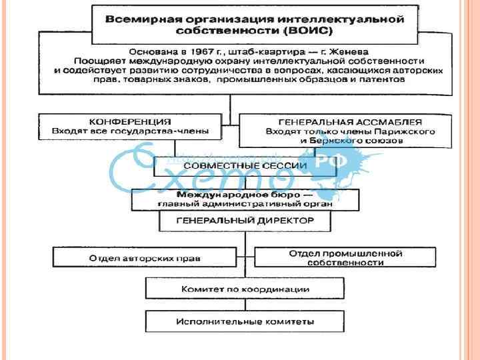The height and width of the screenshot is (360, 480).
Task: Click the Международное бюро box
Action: (x=245, y=199)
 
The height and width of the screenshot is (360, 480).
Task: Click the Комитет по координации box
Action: (x=245, y=289)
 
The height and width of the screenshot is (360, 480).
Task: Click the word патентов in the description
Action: (x=381, y=79)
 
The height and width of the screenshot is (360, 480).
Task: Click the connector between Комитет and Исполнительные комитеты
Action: (x=245, y=305)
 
